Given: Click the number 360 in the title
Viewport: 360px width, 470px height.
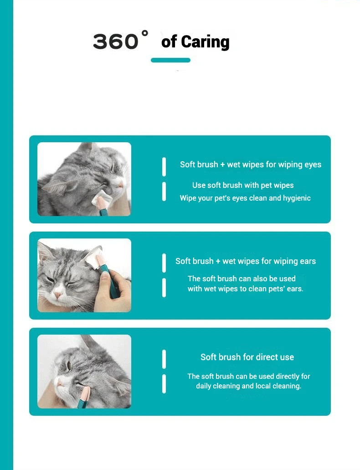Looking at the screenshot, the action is (115, 41).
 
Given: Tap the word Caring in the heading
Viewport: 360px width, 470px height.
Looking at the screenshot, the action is (205, 41).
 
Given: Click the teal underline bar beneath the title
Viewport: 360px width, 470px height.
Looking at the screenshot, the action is (170, 60).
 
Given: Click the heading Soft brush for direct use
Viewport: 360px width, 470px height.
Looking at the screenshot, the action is (247, 357).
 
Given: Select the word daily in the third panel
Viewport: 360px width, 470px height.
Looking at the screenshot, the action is (204, 386).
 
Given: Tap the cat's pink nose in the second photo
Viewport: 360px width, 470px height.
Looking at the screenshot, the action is (57, 295).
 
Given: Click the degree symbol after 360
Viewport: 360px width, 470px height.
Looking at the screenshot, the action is (145, 32).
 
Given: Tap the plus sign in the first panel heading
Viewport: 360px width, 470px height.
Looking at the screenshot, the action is (222, 165).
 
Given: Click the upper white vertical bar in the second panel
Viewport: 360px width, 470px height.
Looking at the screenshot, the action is (164, 263).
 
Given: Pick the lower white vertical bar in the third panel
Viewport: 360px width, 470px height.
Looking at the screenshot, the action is (164, 384).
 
